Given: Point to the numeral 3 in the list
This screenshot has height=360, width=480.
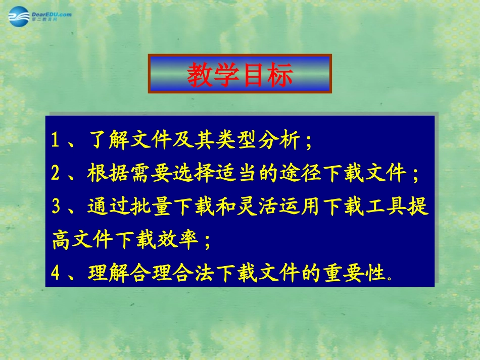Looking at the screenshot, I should pos(56,208).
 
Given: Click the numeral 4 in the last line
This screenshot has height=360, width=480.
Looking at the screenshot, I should pos(56,273).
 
